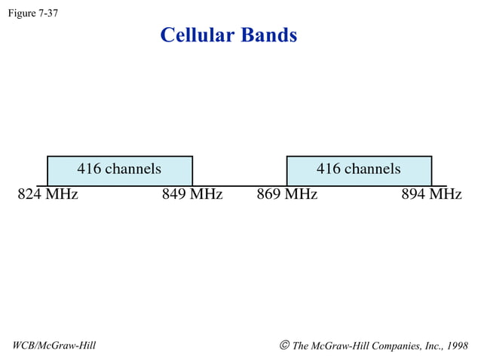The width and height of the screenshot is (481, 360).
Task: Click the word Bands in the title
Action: pos(269,35)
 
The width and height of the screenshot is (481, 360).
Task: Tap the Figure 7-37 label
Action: pos(32,13)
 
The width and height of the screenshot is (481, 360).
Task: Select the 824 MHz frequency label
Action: pos(47,195)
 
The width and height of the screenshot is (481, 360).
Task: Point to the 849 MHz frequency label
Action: pos(192,195)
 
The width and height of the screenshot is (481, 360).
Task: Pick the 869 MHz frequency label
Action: pos(287,195)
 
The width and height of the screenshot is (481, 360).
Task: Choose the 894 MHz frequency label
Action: pos(431,195)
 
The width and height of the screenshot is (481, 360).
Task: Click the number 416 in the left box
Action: pos(89,169)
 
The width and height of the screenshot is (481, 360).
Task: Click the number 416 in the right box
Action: pos(329,169)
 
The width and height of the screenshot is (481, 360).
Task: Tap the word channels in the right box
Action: pos(372,169)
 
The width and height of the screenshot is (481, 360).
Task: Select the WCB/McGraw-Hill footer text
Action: pos(54,346)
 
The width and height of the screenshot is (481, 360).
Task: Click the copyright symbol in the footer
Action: pos(284,346)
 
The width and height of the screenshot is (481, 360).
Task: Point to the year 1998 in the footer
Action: pos(457,346)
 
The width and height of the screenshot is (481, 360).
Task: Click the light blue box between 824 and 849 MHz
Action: pos(120,178)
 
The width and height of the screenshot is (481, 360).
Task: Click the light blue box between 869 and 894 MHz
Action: pos(359,178)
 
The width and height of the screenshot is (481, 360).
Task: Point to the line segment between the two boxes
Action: pos(240,185)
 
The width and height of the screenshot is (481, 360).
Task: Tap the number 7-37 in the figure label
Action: pos(47,13)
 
